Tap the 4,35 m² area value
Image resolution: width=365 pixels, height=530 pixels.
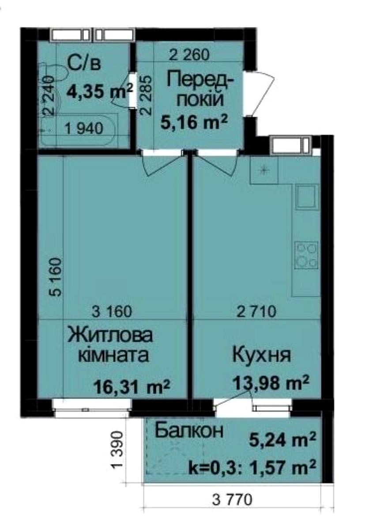tap(100, 92)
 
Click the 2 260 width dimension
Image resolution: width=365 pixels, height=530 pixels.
tap(189, 55)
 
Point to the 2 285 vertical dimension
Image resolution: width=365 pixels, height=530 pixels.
tap(147, 94)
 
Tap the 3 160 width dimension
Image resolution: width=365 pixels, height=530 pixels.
tap(113, 312)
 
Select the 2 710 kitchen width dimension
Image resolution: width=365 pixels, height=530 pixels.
tap(256, 312)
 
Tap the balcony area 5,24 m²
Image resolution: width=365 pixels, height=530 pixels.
tap(282, 439)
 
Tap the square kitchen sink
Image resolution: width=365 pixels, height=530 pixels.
tap(307, 196)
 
